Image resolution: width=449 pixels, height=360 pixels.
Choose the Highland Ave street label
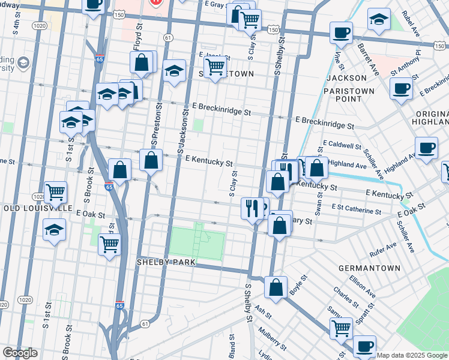348,164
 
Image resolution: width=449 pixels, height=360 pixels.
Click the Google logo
20,353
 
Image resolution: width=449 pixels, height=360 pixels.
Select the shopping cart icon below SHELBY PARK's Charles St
341,327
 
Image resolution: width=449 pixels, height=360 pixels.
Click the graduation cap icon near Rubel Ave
379,19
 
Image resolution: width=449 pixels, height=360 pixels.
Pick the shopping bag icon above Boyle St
276,286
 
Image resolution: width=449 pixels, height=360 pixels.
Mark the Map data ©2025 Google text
412,355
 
